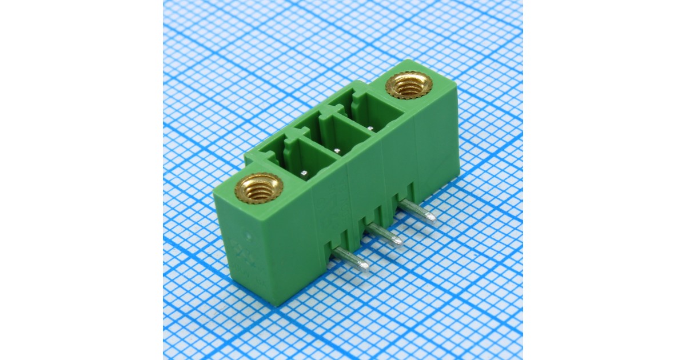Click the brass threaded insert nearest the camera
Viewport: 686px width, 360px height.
click(258, 188)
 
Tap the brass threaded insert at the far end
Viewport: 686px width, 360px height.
click(408, 86)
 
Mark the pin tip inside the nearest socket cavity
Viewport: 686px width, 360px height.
click(303, 171)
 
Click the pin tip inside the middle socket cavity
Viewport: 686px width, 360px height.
click(337, 150)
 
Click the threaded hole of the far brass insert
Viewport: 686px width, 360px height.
click(408, 86)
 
